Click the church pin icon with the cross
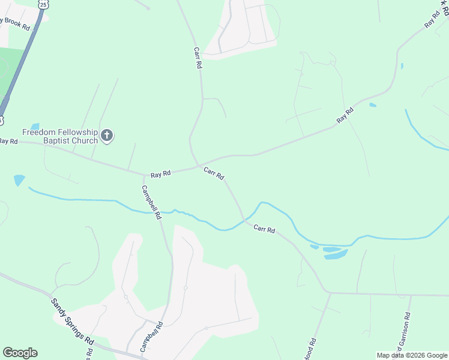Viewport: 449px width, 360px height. pyautogui.click(x=107, y=136)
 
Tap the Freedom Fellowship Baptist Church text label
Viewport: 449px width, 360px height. pyautogui.click(x=59, y=136)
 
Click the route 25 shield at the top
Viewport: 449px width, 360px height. pyautogui.click(x=42, y=4)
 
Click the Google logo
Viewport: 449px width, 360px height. pyautogui.click(x=20, y=353)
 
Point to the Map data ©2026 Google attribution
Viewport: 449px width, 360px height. pyautogui.click(x=412, y=355)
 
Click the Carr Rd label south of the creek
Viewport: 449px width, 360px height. pyautogui.click(x=264, y=229)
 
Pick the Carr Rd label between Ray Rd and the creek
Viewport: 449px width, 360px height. pyautogui.click(x=214, y=173)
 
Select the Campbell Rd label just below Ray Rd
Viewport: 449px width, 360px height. pyautogui.click(x=151, y=201)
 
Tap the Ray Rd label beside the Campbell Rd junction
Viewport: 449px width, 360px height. pyautogui.click(x=161, y=173)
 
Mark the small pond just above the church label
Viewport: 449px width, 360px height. pyautogui.click(x=35, y=127)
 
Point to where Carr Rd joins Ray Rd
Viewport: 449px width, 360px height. pyautogui.click(x=198, y=166)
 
